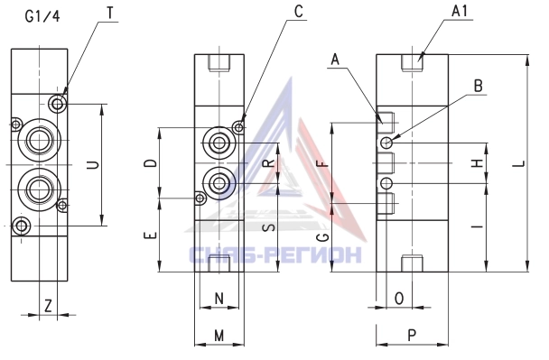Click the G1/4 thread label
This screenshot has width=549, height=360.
point(42,16)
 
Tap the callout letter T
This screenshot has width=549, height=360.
point(111,13)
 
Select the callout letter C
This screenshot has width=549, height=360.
point(298,12)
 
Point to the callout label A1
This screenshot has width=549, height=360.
point(460,11)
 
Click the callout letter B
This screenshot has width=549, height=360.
point(478,86)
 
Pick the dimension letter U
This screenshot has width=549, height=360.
point(93,165)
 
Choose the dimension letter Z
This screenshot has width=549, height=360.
point(48,306)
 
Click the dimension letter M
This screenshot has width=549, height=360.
point(219,336)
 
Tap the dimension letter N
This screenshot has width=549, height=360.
point(219,299)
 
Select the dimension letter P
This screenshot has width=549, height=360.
point(412,335)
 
